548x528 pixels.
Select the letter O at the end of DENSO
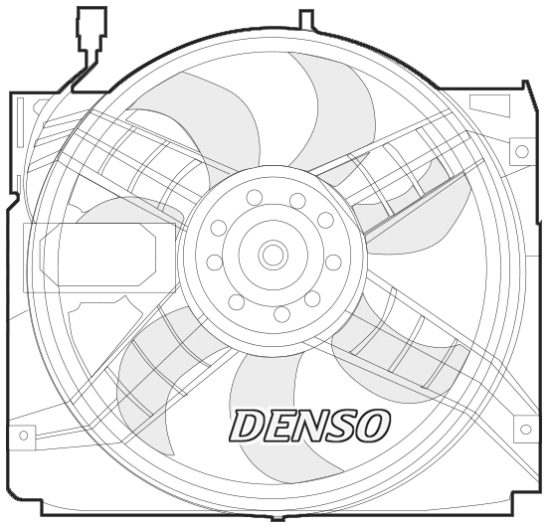[369, 426]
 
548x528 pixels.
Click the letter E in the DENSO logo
[274, 426]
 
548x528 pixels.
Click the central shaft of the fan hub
[273, 255]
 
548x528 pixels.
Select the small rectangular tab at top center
[306, 18]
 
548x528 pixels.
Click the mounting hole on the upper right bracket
[521, 151]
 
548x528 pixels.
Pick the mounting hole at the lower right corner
[525, 430]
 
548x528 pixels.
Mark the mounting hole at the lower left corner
[23, 435]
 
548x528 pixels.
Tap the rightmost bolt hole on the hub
[333, 263]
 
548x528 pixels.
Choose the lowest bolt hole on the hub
[282, 314]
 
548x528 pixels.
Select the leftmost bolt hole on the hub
[214, 263]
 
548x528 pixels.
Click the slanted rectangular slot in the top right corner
[488, 104]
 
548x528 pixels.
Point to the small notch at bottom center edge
[277, 518]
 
